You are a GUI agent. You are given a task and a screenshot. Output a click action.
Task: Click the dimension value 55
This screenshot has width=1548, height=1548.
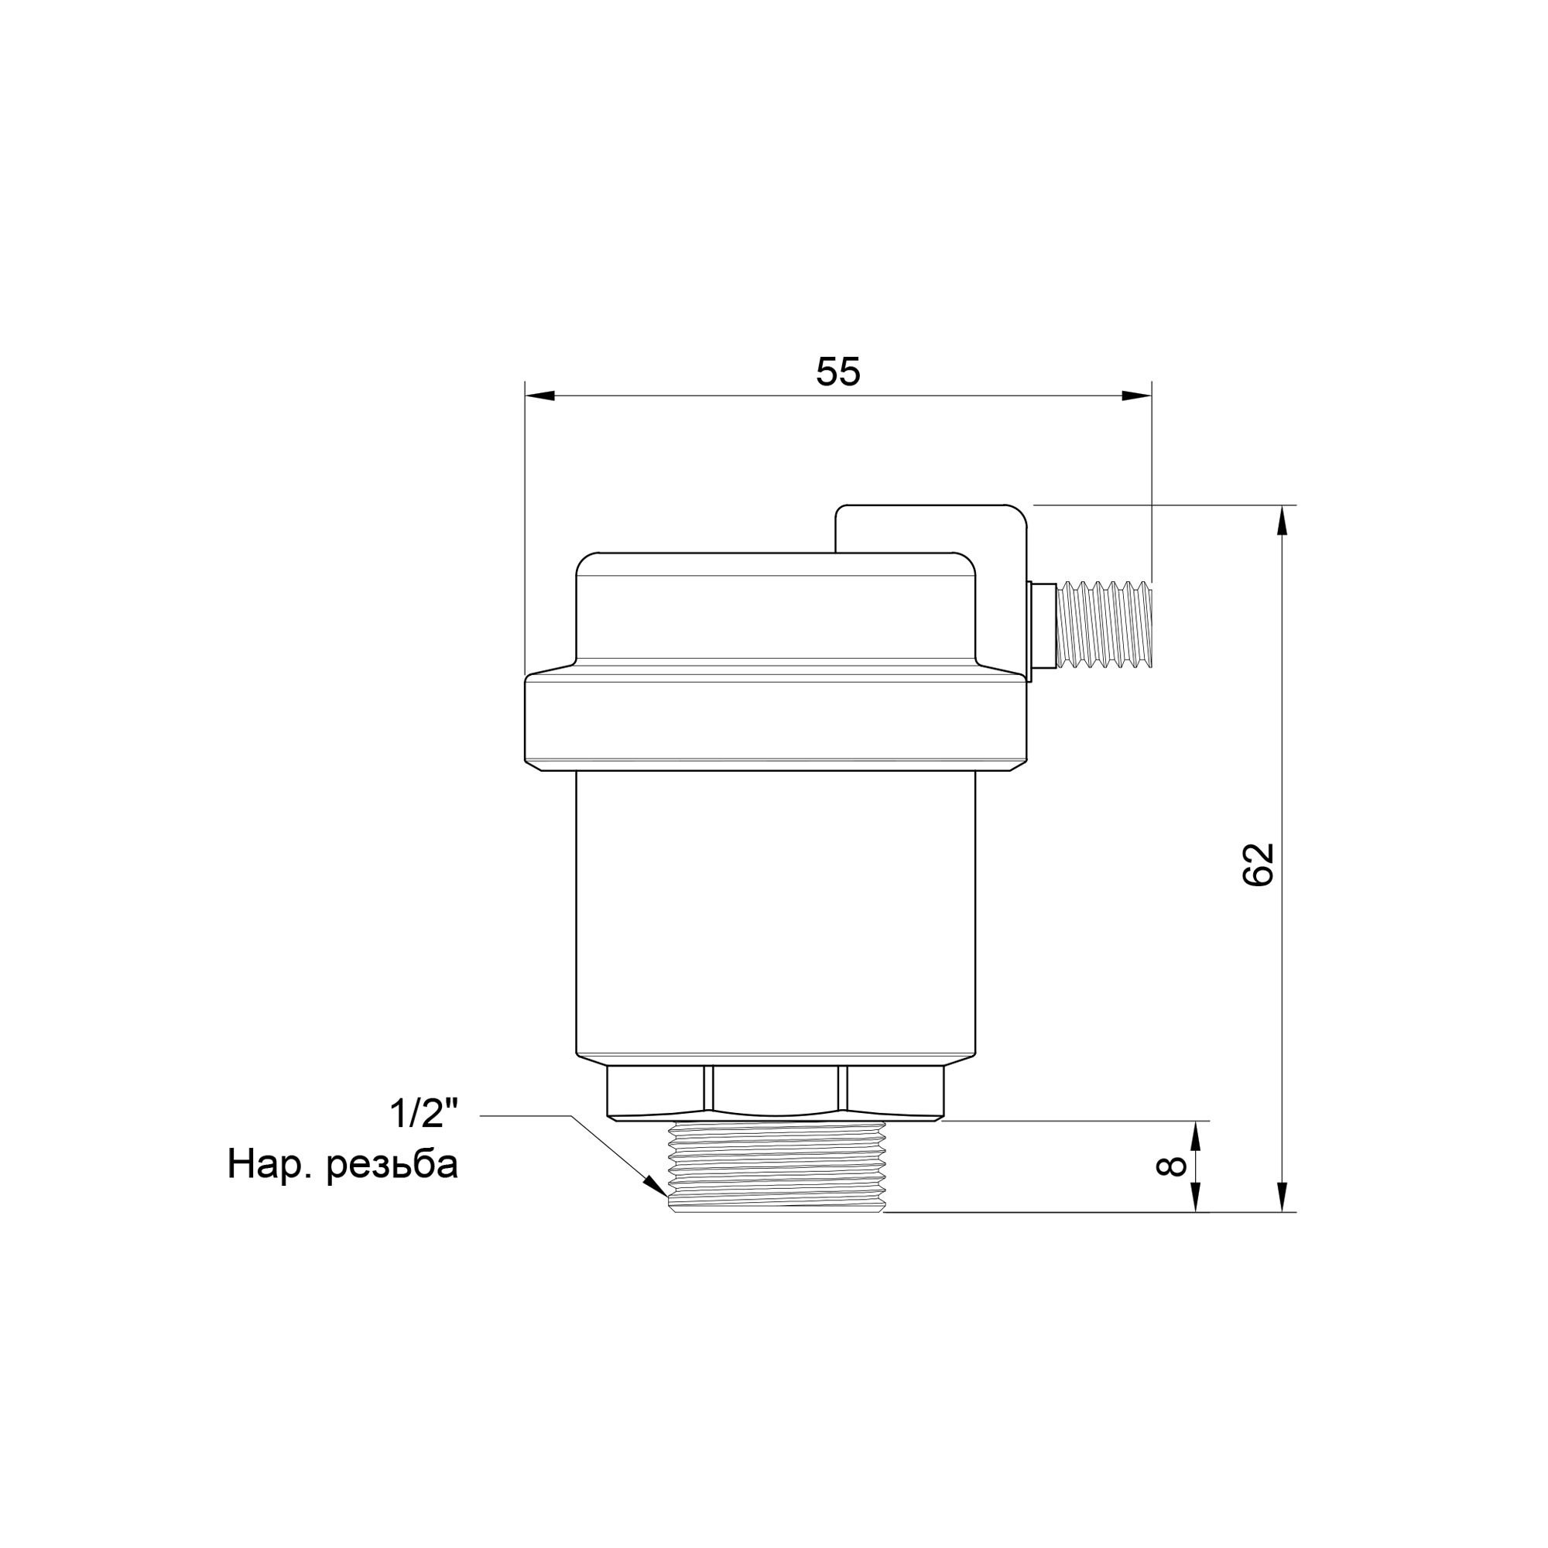click(x=838, y=372)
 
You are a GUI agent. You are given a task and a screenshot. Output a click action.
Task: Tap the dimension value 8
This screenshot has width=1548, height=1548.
click(x=1171, y=1166)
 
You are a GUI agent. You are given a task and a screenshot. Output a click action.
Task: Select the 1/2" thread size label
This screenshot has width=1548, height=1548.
click(x=424, y=1114)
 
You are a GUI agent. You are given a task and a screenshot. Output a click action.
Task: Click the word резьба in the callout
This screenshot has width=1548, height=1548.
click(x=392, y=1166)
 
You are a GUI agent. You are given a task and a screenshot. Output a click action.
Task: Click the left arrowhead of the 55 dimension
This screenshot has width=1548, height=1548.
click(x=539, y=396)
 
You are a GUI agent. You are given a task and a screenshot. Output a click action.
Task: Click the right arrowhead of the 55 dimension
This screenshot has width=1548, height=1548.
click(x=1137, y=396)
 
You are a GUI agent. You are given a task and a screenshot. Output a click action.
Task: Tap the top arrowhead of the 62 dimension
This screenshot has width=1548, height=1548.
click(x=1282, y=520)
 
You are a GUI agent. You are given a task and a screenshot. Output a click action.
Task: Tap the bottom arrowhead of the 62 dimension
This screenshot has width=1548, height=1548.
click(x=1282, y=1220)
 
